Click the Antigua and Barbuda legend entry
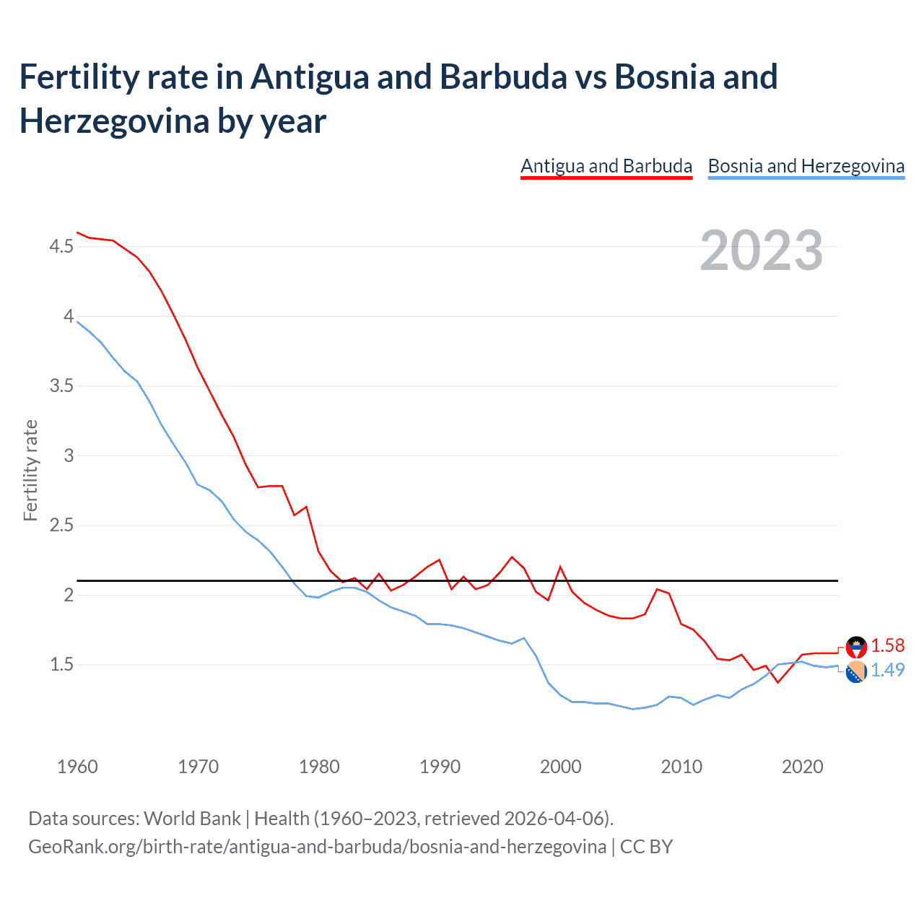[606, 166]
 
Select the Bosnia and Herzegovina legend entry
[806, 166]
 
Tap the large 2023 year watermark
[761, 250]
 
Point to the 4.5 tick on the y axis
[61, 247]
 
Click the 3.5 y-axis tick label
[61, 386]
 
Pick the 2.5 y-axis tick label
[61, 526]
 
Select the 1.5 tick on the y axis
[61, 665]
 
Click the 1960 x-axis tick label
[77, 767]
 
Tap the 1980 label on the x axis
[319, 767]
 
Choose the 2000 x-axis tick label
[561, 767]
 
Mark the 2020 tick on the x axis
[803, 767]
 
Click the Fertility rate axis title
[30, 470]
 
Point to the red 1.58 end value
[887, 645]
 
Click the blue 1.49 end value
[887, 670]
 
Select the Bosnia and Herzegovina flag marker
[856, 672]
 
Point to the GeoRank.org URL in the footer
[317, 846]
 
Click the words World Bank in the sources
[192, 819]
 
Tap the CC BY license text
[646, 846]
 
